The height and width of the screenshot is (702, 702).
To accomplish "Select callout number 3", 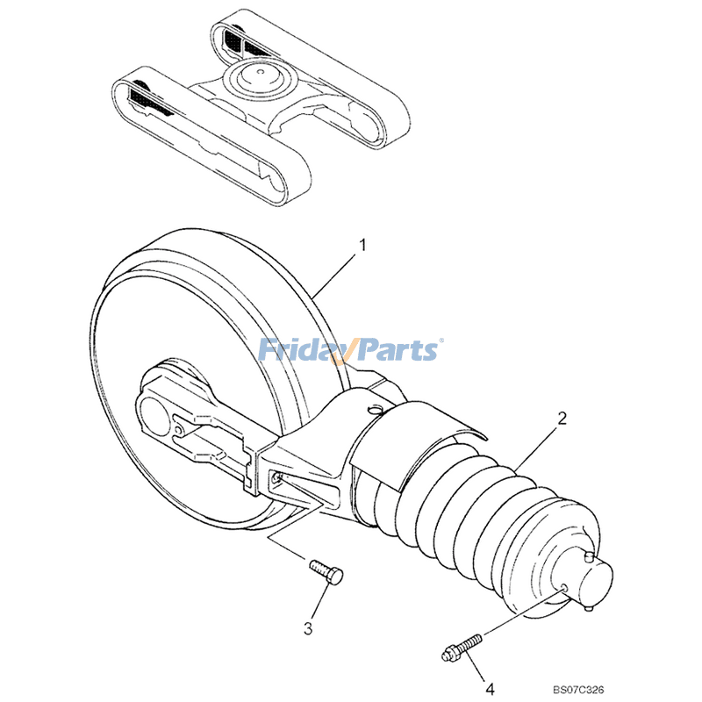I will [x=308, y=627].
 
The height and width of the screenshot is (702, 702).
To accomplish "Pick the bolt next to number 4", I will [x=462, y=647].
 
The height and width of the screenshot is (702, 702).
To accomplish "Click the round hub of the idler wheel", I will [x=158, y=412].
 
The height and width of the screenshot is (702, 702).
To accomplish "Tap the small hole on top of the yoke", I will [x=376, y=408].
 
